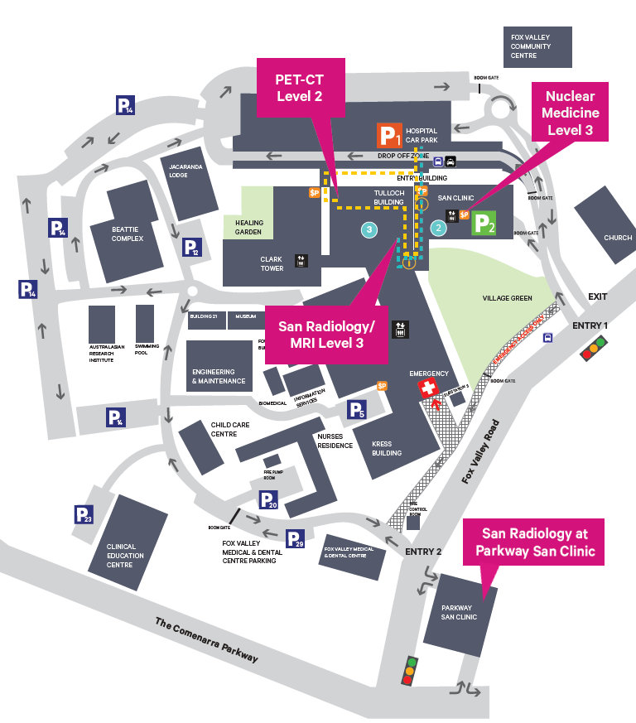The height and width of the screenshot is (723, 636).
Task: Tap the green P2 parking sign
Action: click(x=484, y=224)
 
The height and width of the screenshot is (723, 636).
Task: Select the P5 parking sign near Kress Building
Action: click(x=356, y=409)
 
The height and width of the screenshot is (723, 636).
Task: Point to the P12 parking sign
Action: click(x=191, y=247)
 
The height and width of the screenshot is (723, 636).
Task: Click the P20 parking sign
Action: click(x=268, y=500)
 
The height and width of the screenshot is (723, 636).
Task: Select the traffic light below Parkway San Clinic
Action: click(x=408, y=671)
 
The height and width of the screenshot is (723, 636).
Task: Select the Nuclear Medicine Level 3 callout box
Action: click(x=570, y=112)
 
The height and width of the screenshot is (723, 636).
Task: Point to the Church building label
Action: click(x=618, y=238)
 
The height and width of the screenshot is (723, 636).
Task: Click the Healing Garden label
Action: click(x=249, y=227)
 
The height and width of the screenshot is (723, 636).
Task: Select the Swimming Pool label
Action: click(x=146, y=349)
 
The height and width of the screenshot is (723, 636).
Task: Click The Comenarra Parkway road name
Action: click(x=206, y=640)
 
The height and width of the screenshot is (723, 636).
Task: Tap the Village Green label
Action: click(x=507, y=297)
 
